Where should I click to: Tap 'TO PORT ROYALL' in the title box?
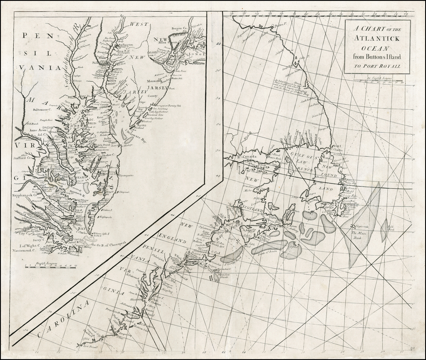376,66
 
